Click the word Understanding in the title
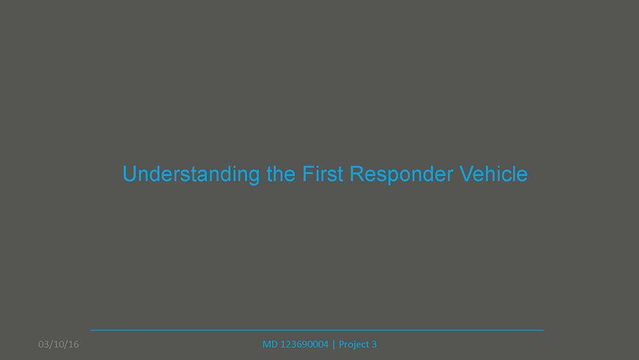point(191,175)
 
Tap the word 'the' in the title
point(281,174)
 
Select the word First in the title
point(322,174)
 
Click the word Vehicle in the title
point(493,174)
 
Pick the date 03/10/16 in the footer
point(58,345)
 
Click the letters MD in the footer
point(270,345)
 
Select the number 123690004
point(304,345)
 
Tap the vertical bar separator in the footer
point(334,345)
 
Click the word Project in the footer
point(354,345)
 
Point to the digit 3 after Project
point(374,345)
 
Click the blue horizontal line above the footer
point(317,330)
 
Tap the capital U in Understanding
point(129,174)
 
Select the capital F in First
point(308,174)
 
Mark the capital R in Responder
point(357,174)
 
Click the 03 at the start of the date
point(43,345)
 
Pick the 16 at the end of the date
point(73,345)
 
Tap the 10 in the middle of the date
point(59,345)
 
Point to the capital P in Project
point(341,345)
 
